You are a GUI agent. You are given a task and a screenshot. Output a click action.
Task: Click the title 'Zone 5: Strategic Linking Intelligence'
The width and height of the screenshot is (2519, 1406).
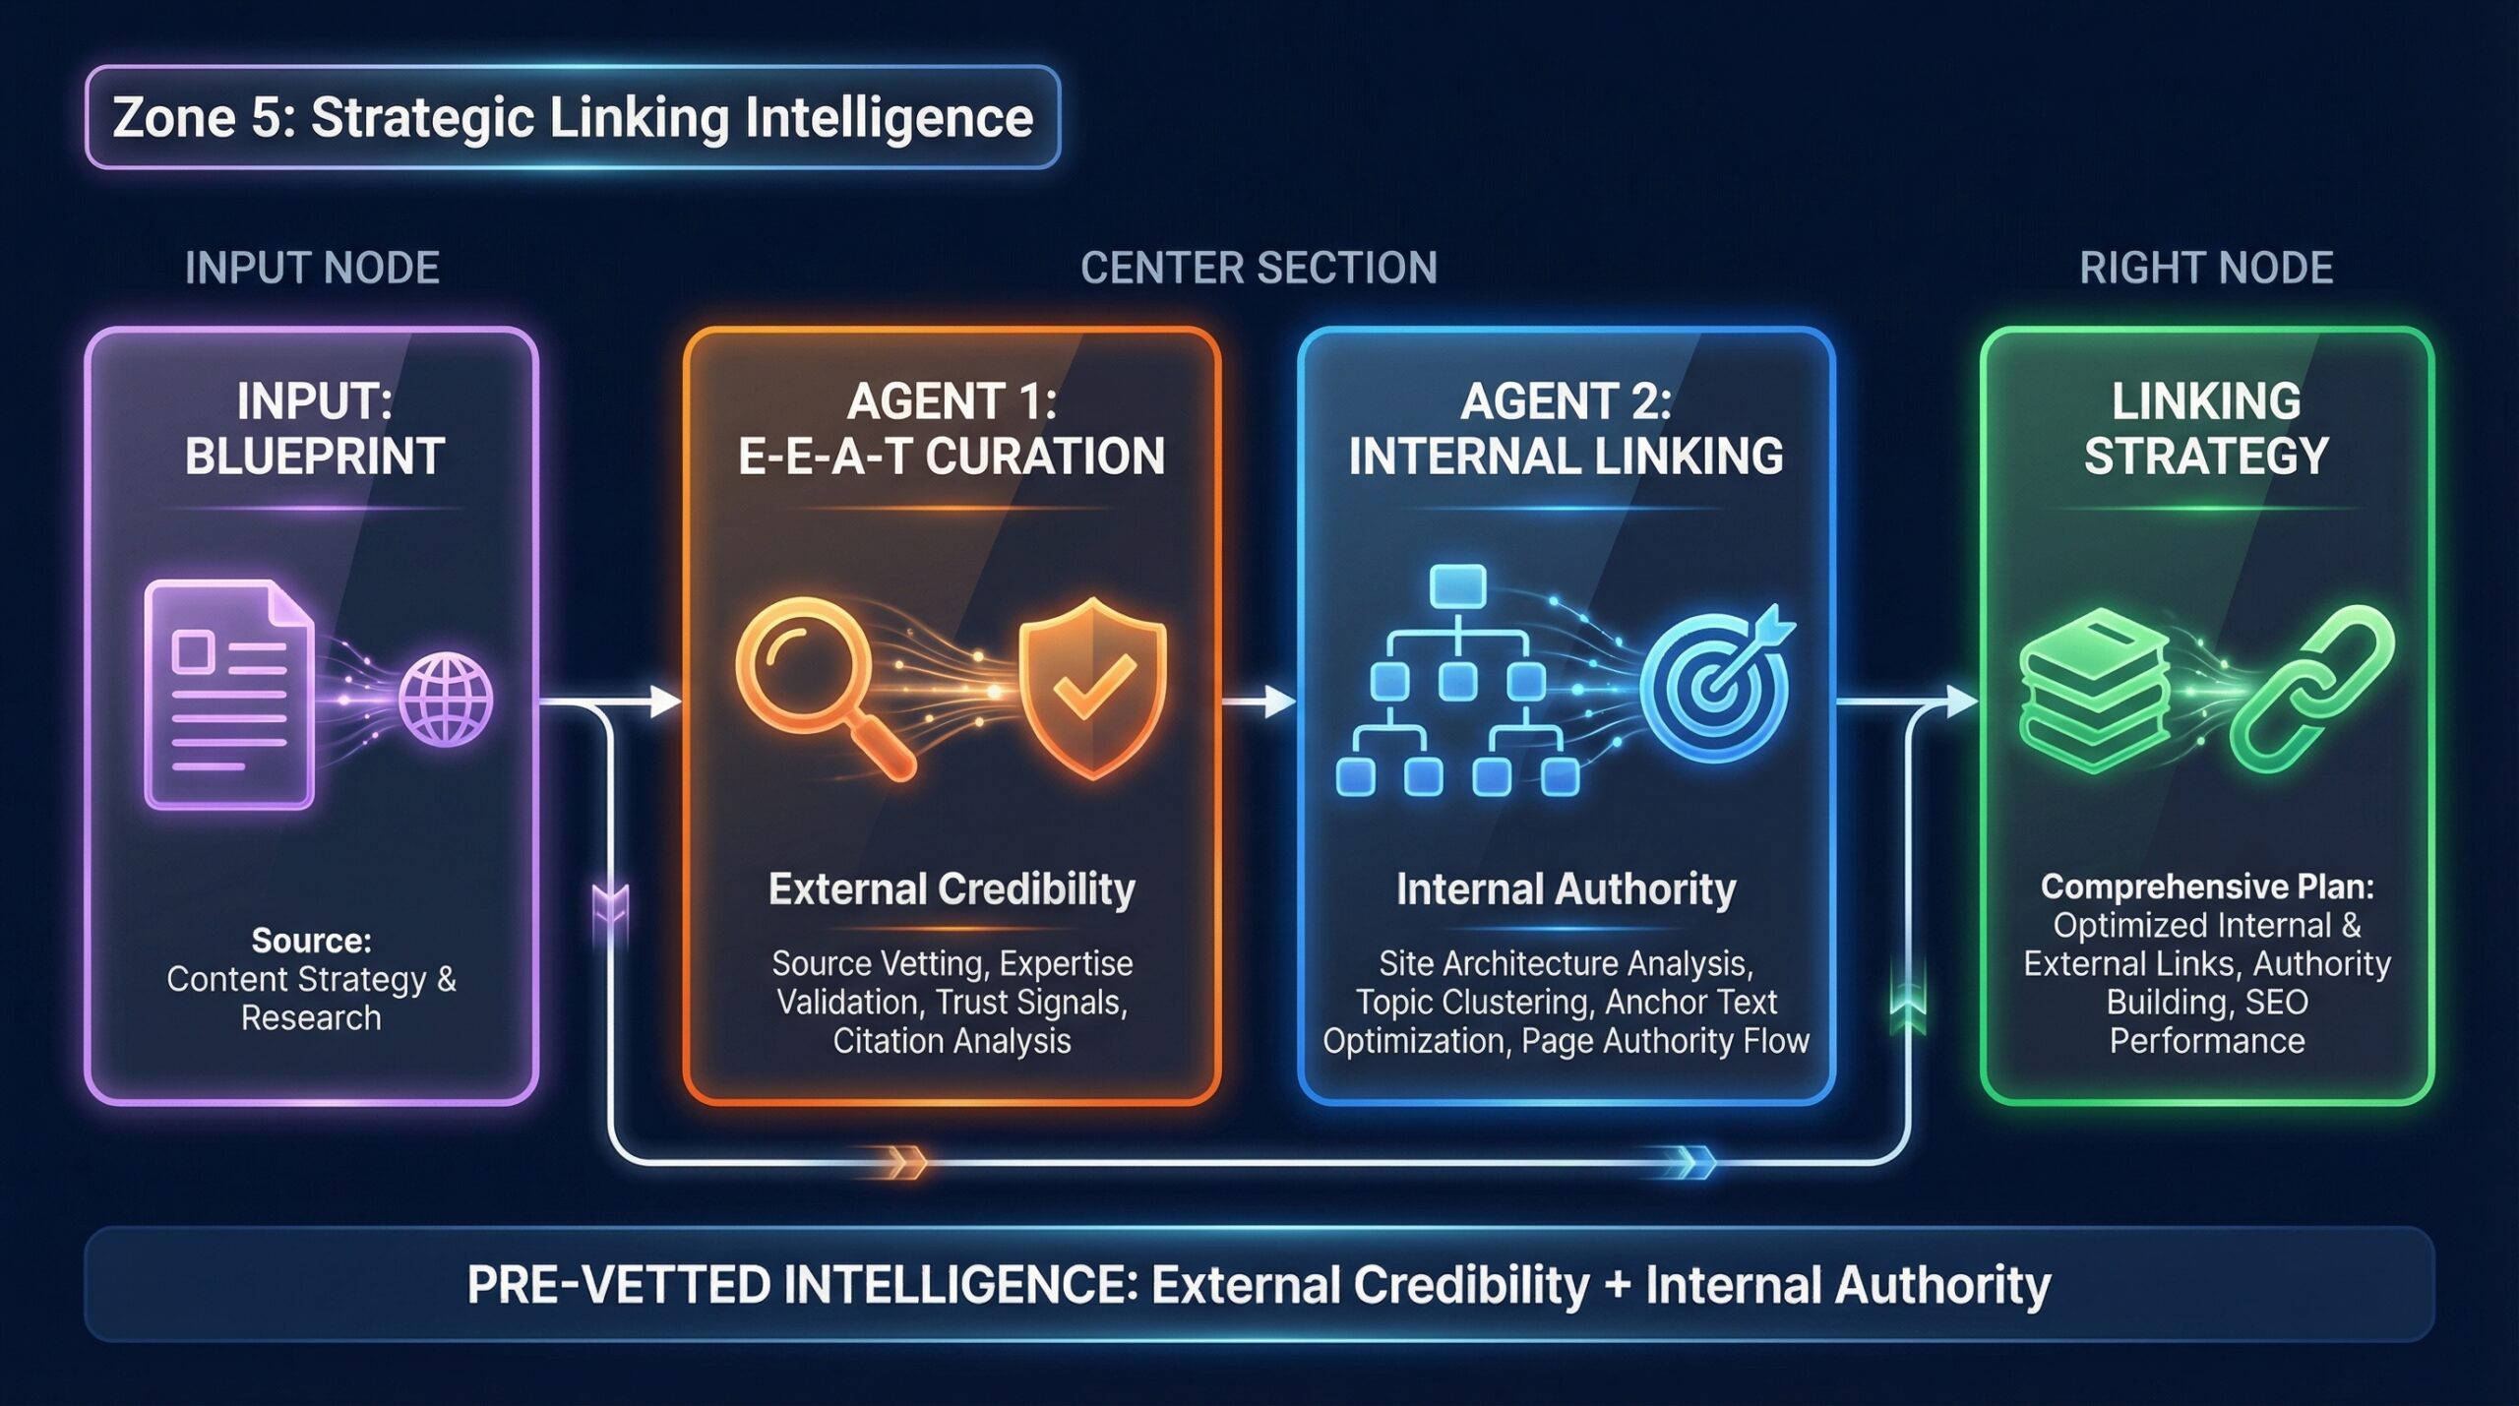pos(572,118)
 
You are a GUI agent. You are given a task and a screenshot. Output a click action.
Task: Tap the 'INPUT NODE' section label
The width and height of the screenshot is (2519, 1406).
pos(312,269)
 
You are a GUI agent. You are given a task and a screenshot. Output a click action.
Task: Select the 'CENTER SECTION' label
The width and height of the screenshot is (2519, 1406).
pos(1259,269)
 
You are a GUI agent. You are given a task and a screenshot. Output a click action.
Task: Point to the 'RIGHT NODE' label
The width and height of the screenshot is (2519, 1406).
pos(2206,269)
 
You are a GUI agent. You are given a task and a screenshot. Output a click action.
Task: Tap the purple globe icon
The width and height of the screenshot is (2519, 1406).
pos(446,700)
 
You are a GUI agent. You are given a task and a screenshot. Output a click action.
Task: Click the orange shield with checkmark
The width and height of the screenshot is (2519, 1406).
pos(1092,686)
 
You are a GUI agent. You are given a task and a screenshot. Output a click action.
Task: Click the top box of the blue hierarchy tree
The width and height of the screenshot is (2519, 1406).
pos(1457,586)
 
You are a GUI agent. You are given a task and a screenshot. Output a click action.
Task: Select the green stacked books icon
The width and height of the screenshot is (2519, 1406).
pos(2094,689)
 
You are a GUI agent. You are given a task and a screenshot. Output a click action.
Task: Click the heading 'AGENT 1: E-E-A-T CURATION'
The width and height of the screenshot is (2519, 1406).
pos(952,429)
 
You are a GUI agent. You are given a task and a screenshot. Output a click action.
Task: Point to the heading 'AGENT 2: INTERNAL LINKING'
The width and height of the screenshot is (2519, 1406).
pos(1566,429)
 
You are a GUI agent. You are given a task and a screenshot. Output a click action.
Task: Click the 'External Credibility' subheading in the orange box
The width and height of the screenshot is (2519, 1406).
pos(952,889)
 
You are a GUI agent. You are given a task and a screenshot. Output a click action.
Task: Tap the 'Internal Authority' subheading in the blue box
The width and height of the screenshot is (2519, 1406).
pos(1566,889)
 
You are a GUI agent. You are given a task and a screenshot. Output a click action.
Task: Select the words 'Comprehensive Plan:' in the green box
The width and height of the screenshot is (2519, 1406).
pos(2207,886)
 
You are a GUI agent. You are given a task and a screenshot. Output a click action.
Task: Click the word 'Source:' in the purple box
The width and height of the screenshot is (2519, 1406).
pos(312,941)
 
